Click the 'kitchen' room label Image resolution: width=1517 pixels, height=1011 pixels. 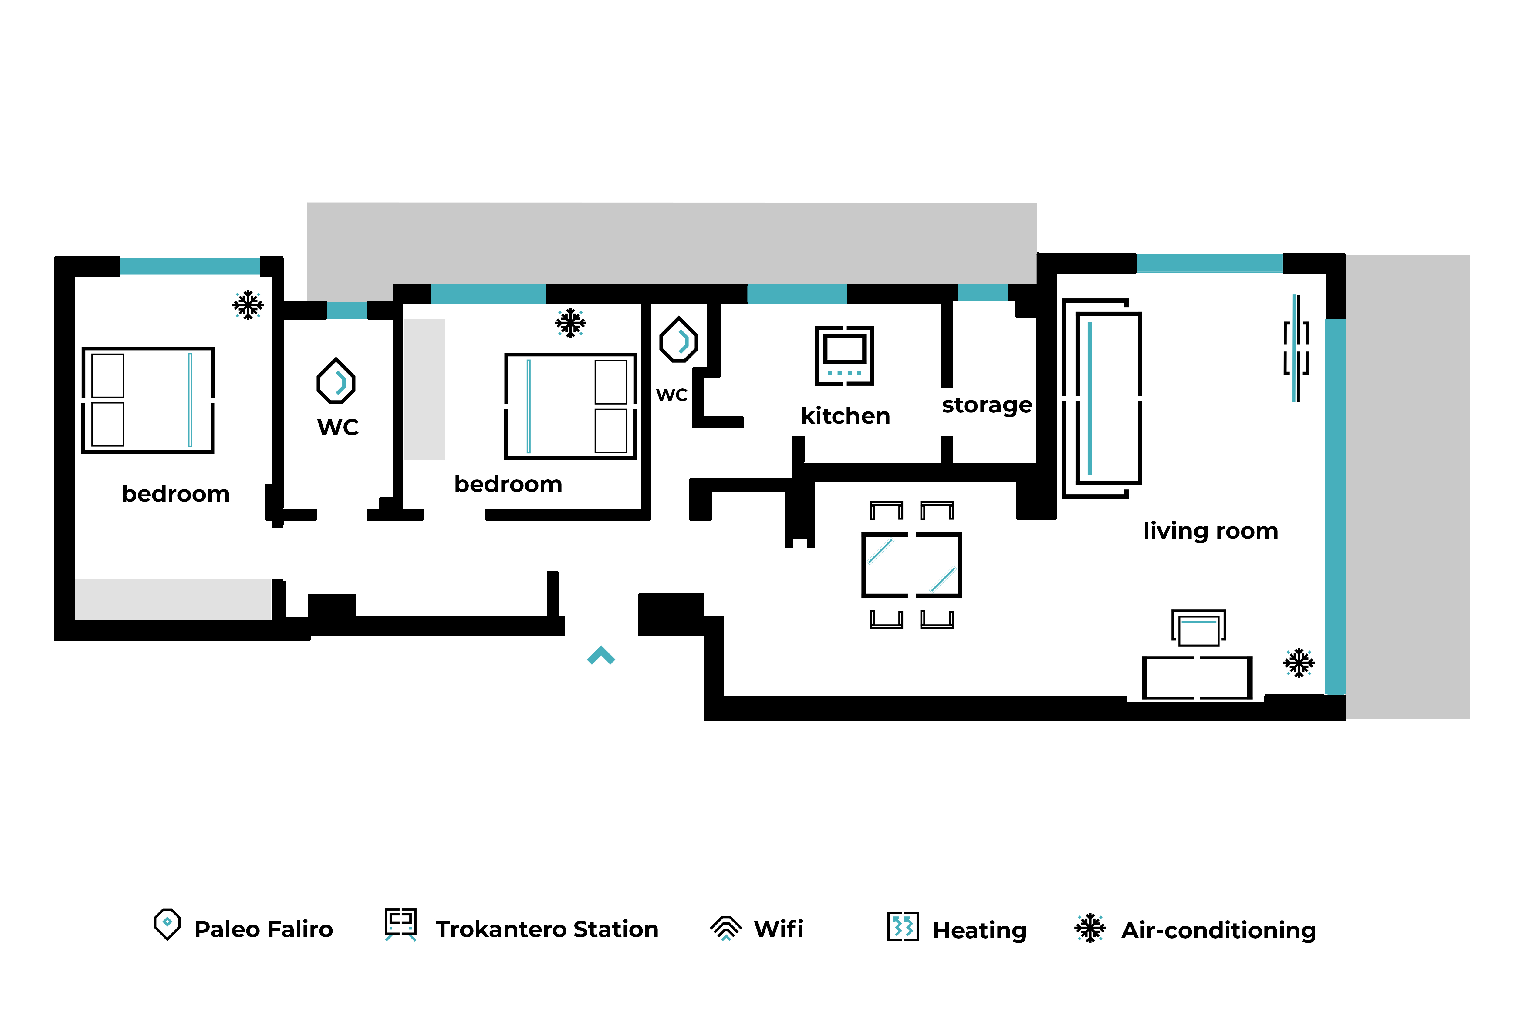coord(845,416)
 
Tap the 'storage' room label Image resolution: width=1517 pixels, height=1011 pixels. coord(987,405)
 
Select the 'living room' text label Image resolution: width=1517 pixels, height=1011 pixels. coord(1210,531)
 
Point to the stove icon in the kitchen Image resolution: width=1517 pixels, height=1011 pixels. coord(844,355)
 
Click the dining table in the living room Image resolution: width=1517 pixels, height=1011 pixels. coord(911,565)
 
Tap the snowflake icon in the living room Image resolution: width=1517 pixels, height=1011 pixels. coord(1298,663)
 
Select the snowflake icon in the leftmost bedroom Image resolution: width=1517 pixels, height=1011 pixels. coord(248,305)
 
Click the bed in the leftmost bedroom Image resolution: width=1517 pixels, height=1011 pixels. coord(148,400)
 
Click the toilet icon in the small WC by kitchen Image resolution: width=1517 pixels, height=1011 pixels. coord(678,339)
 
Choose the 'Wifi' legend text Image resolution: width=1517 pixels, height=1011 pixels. coord(779,929)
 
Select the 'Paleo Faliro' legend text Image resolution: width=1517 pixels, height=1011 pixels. coord(263,929)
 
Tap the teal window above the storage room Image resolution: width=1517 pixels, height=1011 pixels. coord(982,292)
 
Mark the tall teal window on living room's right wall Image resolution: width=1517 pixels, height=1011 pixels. coord(1335,506)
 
